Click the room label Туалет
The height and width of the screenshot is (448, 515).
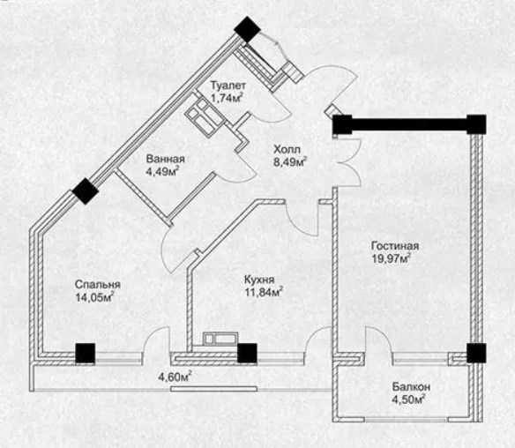pyautogui.click(x=228, y=86)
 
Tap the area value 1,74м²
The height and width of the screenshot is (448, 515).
pyautogui.click(x=228, y=98)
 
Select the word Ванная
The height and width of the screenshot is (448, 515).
pyautogui.click(x=166, y=159)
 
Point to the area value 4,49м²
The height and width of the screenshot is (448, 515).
pyautogui.click(x=163, y=171)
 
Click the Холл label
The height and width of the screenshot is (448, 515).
pyautogui.click(x=287, y=149)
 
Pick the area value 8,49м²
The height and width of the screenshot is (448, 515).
pyautogui.click(x=290, y=161)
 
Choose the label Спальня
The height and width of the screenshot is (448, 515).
pyautogui.click(x=98, y=285)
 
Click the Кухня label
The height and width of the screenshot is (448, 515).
pyautogui.click(x=259, y=280)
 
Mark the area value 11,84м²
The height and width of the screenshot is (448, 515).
pyautogui.click(x=264, y=292)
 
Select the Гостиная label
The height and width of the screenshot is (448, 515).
pyautogui.click(x=395, y=246)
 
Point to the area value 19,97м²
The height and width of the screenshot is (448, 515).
pyautogui.click(x=392, y=258)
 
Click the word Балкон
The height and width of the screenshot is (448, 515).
pyautogui.click(x=411, y=387)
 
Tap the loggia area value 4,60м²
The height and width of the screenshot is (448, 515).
pyautogui.click(x=175, y=377)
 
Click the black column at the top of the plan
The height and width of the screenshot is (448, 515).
pyautogui.click(x=248, y=29)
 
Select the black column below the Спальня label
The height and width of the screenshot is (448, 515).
pyautogui.click(x=86, y=353)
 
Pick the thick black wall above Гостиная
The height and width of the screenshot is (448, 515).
pyautogui.click(x=409, y=124)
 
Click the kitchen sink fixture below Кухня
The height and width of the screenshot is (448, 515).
pyautogui.click(x=220, y=339)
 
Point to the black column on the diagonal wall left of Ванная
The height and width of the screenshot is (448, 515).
pyautogui.click(x=86, y=191)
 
